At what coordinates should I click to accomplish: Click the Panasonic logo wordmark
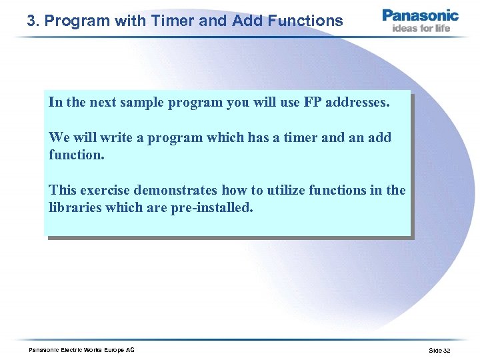(x=420, y=15)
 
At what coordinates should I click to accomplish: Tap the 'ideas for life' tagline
(x=421, y=28)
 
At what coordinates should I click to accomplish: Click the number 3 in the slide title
(x=31, y=21)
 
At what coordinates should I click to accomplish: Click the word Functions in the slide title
(x=303, y=21)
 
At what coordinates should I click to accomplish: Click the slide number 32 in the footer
(x=446, y=350)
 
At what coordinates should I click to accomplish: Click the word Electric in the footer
(x=71, y=350)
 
